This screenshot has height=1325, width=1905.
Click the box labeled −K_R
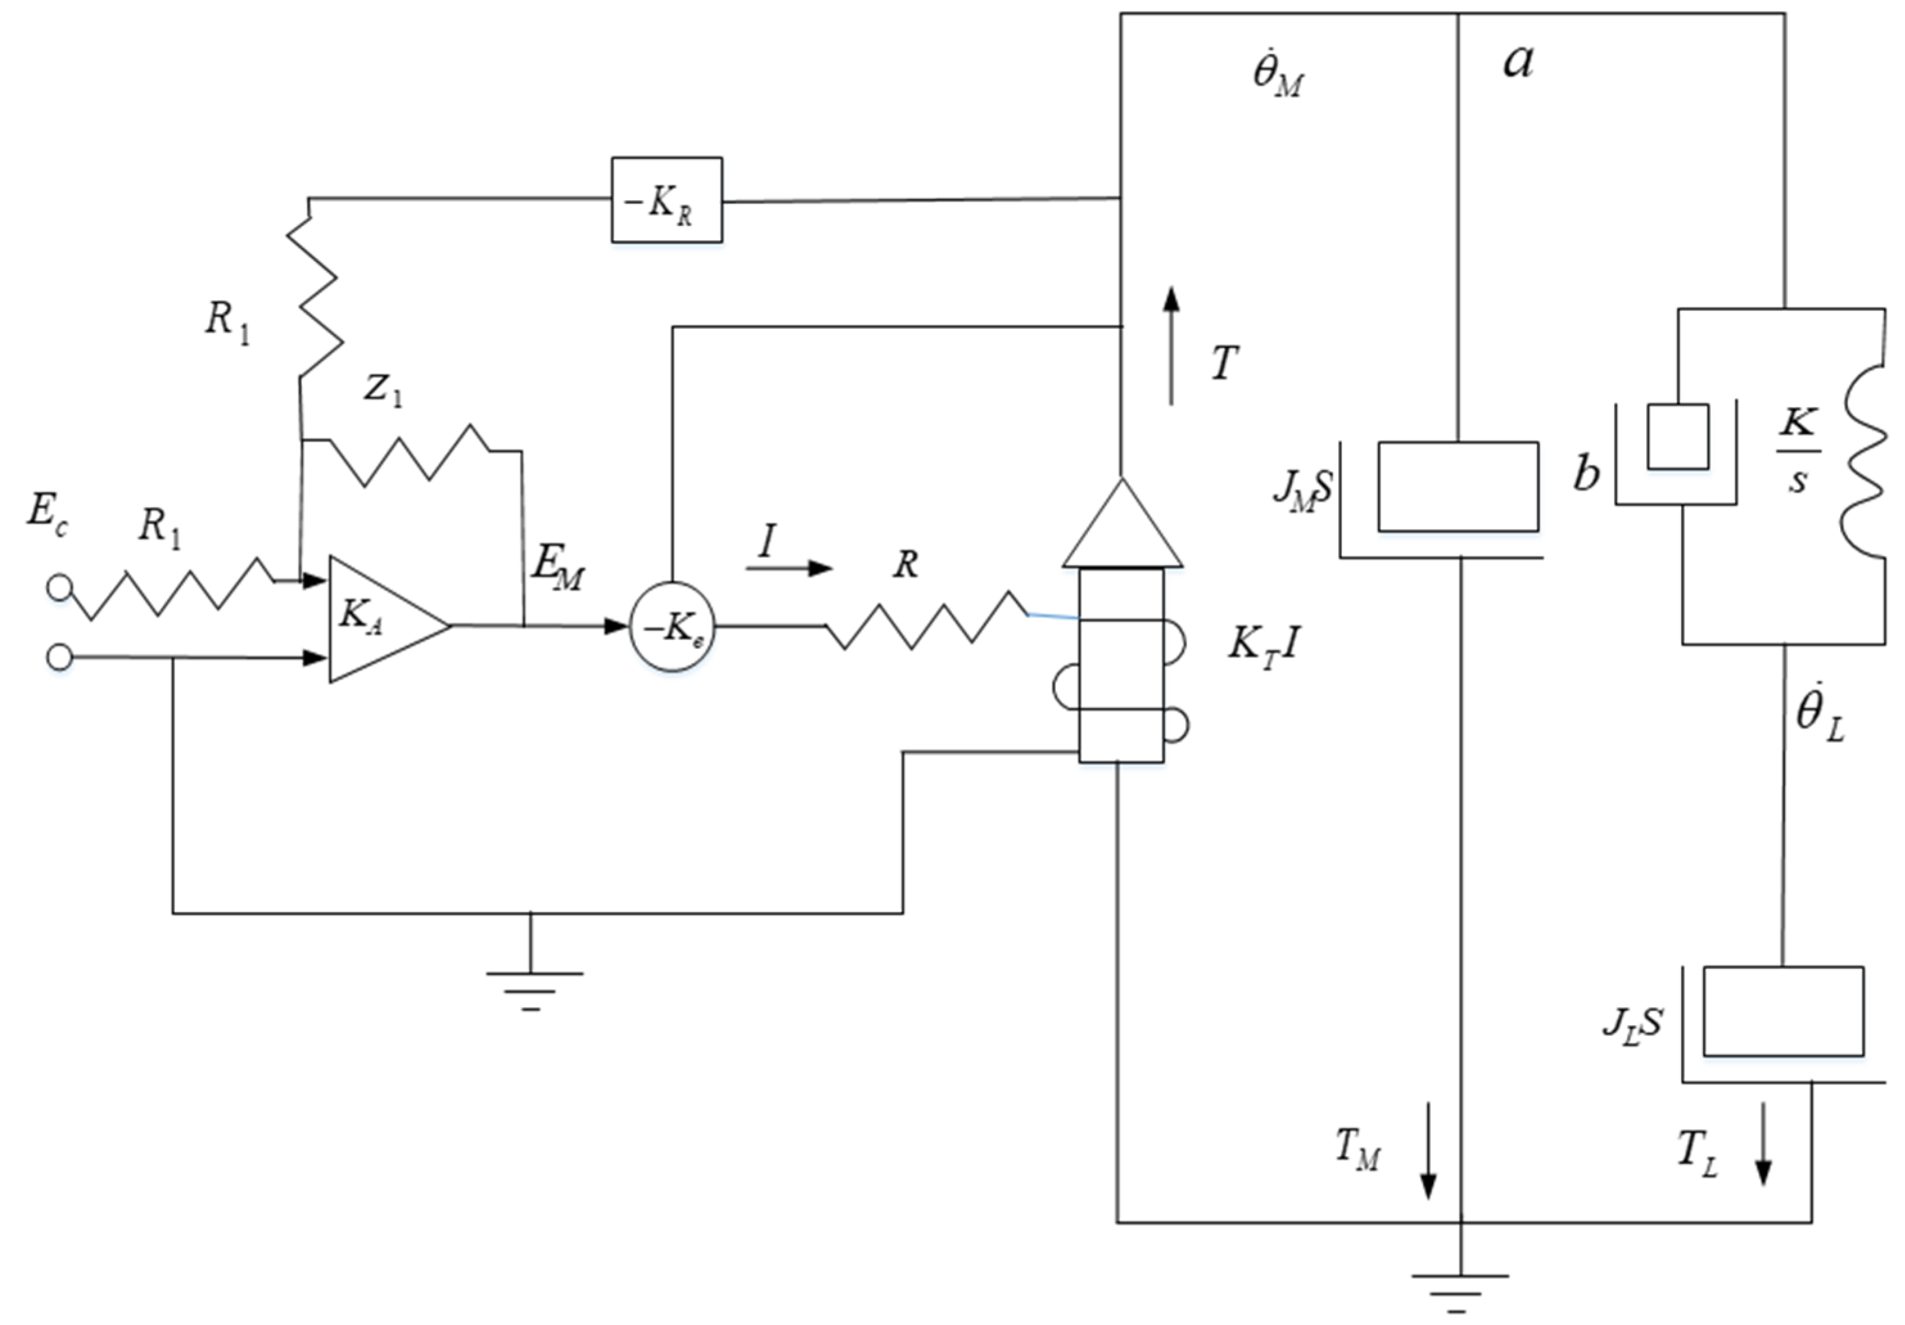coord(666,200)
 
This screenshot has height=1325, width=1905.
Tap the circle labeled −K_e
coord(672,627)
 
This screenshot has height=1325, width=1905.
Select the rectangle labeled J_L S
coord(1783,1010)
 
